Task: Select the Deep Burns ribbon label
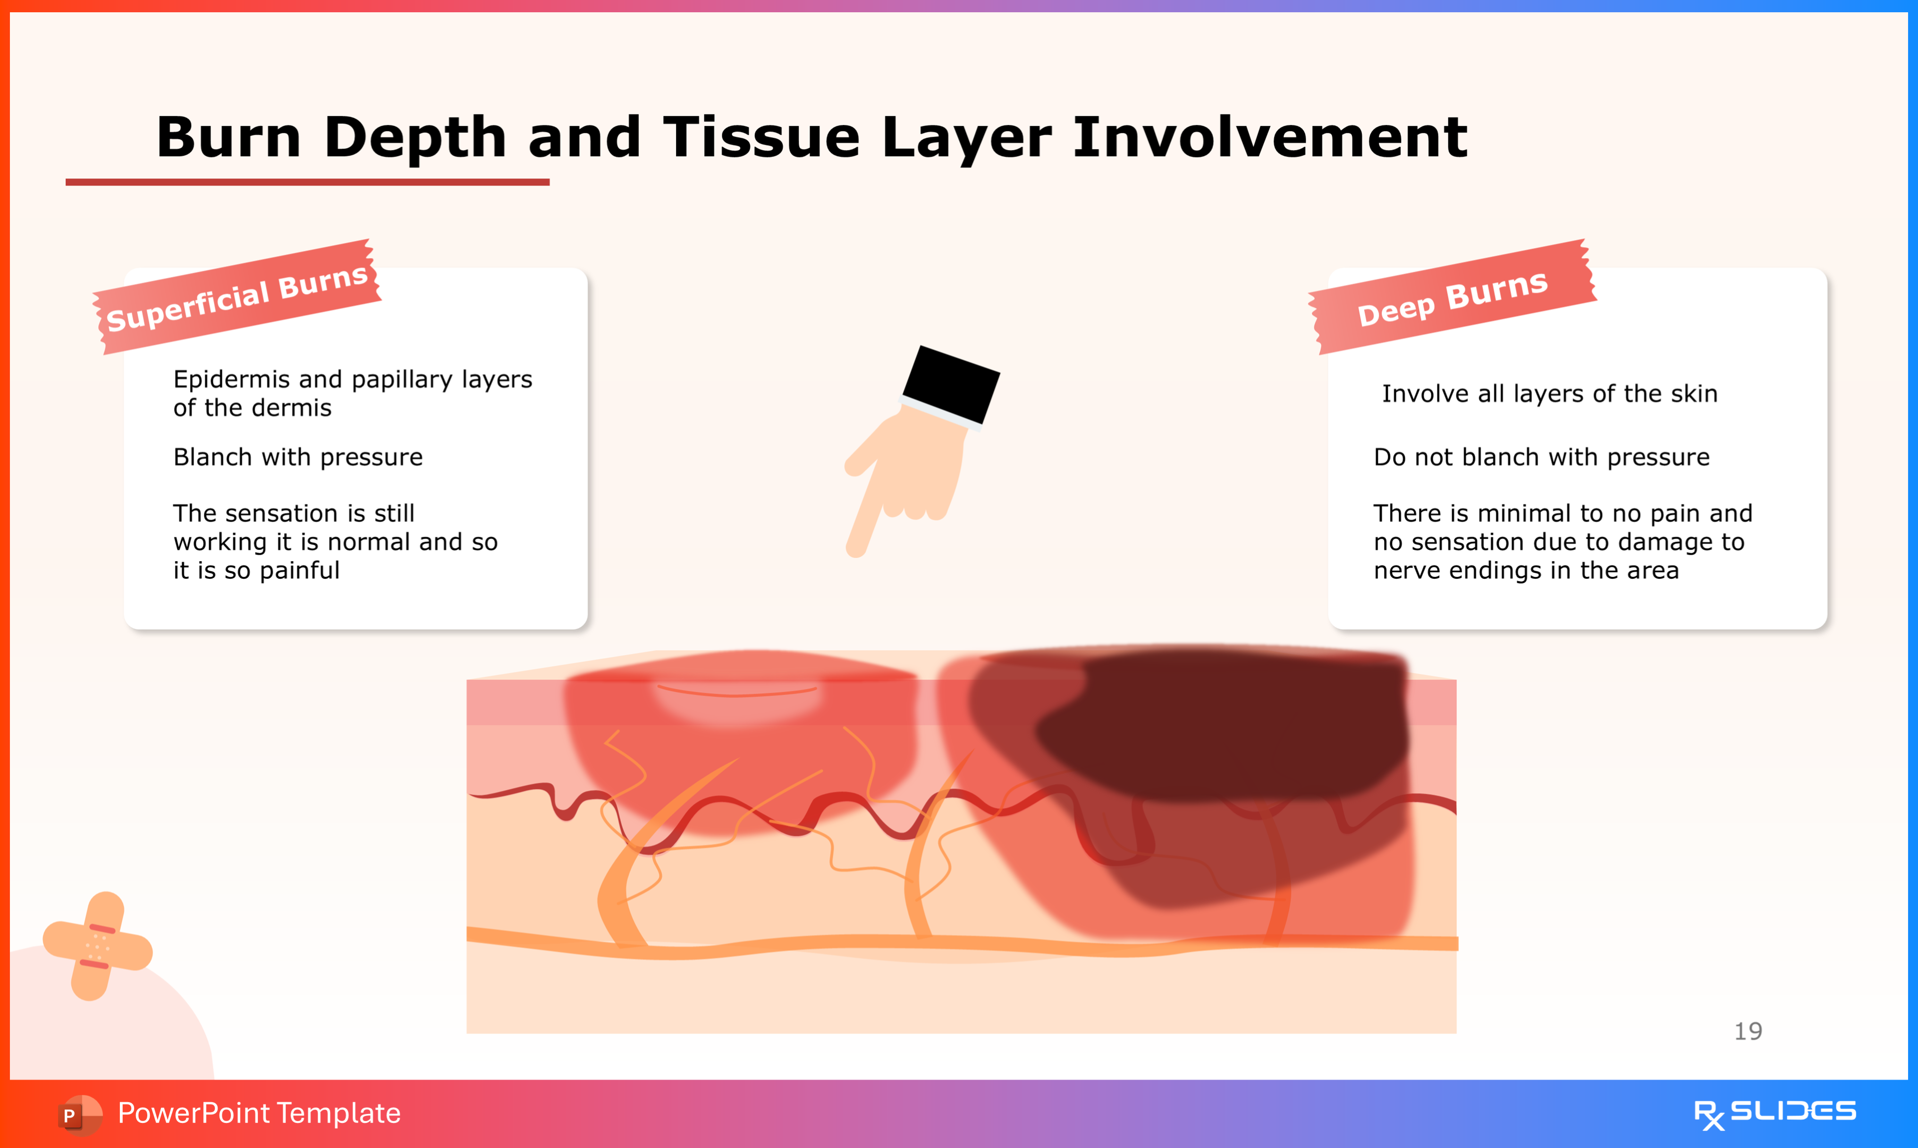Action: coord(1453,297)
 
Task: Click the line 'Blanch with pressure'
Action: coord(298,457)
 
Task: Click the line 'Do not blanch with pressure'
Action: coord(1541,457)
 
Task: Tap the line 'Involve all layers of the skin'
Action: coord(1549,394)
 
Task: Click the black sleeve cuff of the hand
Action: coord(951,384)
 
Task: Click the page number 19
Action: coord(1748,1031)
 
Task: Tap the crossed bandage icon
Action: coord(97,946)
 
